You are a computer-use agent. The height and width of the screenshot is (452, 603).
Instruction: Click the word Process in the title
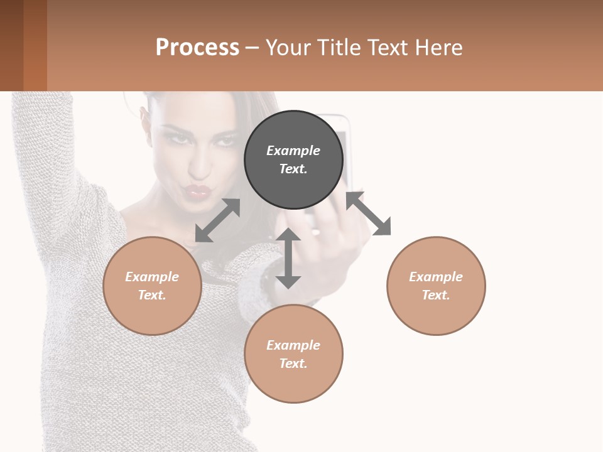(197, 47)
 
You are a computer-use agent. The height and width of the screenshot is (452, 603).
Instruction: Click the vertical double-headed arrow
(288, 258)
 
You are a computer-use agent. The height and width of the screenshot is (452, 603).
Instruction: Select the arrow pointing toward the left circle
(217, 220)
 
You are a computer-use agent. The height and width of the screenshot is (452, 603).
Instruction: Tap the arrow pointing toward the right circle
(369, 213)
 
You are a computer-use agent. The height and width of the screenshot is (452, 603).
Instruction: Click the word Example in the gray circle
(293, 151)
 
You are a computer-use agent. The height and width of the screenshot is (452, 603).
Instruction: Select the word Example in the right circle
(436, 277)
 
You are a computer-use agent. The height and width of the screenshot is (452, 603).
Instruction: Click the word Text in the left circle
(151, 295)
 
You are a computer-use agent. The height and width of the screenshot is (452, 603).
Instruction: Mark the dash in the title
(252, 48)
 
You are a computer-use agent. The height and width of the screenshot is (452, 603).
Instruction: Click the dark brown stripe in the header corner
(11, 45)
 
